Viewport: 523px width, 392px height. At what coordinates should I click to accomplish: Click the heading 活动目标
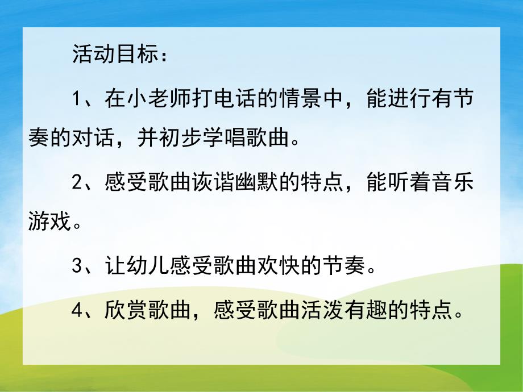coord(114,55)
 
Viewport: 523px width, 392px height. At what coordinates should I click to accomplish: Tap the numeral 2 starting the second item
coord(78,182)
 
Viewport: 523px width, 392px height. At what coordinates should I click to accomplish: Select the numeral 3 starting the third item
coord(78,266)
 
